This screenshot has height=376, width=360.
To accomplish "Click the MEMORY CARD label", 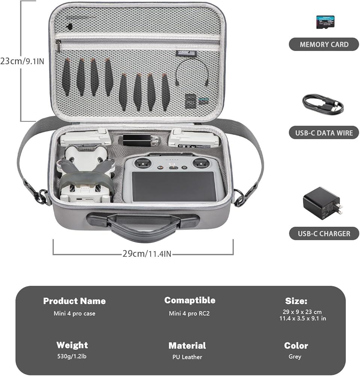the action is [x=324, y=44].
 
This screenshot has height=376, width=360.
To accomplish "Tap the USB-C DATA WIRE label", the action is [x=324, y=132].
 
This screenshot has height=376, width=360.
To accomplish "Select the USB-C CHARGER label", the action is [x=324, y=233].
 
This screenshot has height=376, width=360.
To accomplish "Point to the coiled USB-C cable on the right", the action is [x=322, y=105].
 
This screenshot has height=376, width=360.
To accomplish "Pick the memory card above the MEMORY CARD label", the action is [x=325, y=22].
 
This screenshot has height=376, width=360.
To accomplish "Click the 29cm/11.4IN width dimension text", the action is [x=147, y=254].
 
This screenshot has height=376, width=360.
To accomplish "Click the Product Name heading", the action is [x=74, y=301].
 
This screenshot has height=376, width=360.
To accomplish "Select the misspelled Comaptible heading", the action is [x=190, y=300].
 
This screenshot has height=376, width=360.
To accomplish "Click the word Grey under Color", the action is [x=295, y=356].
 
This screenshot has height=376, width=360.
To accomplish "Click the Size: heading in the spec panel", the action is [x=296, y=301].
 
